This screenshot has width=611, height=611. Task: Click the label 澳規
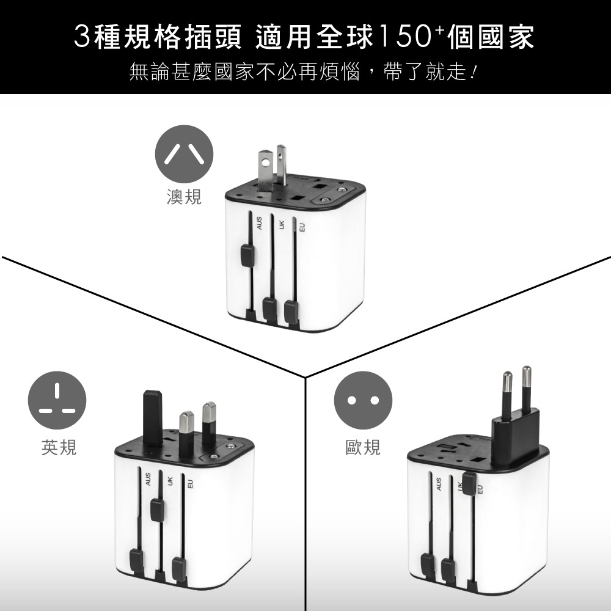coord(184,197)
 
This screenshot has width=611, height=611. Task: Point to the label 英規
coord(59,448)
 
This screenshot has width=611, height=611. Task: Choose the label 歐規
coord(363,448)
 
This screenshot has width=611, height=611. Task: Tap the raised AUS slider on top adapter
coord(247,255)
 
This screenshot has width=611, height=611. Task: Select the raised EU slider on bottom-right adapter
coord(470,483)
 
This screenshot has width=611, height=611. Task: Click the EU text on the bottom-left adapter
coord(190,484)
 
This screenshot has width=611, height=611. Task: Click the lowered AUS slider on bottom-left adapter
coord(136,558)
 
